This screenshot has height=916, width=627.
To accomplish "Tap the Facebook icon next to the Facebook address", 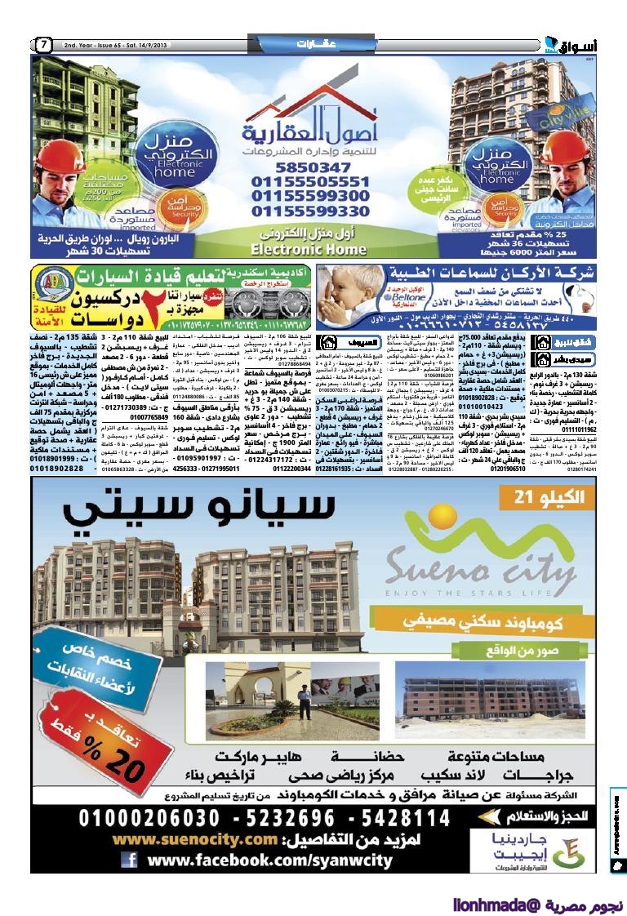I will (129, 860).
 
